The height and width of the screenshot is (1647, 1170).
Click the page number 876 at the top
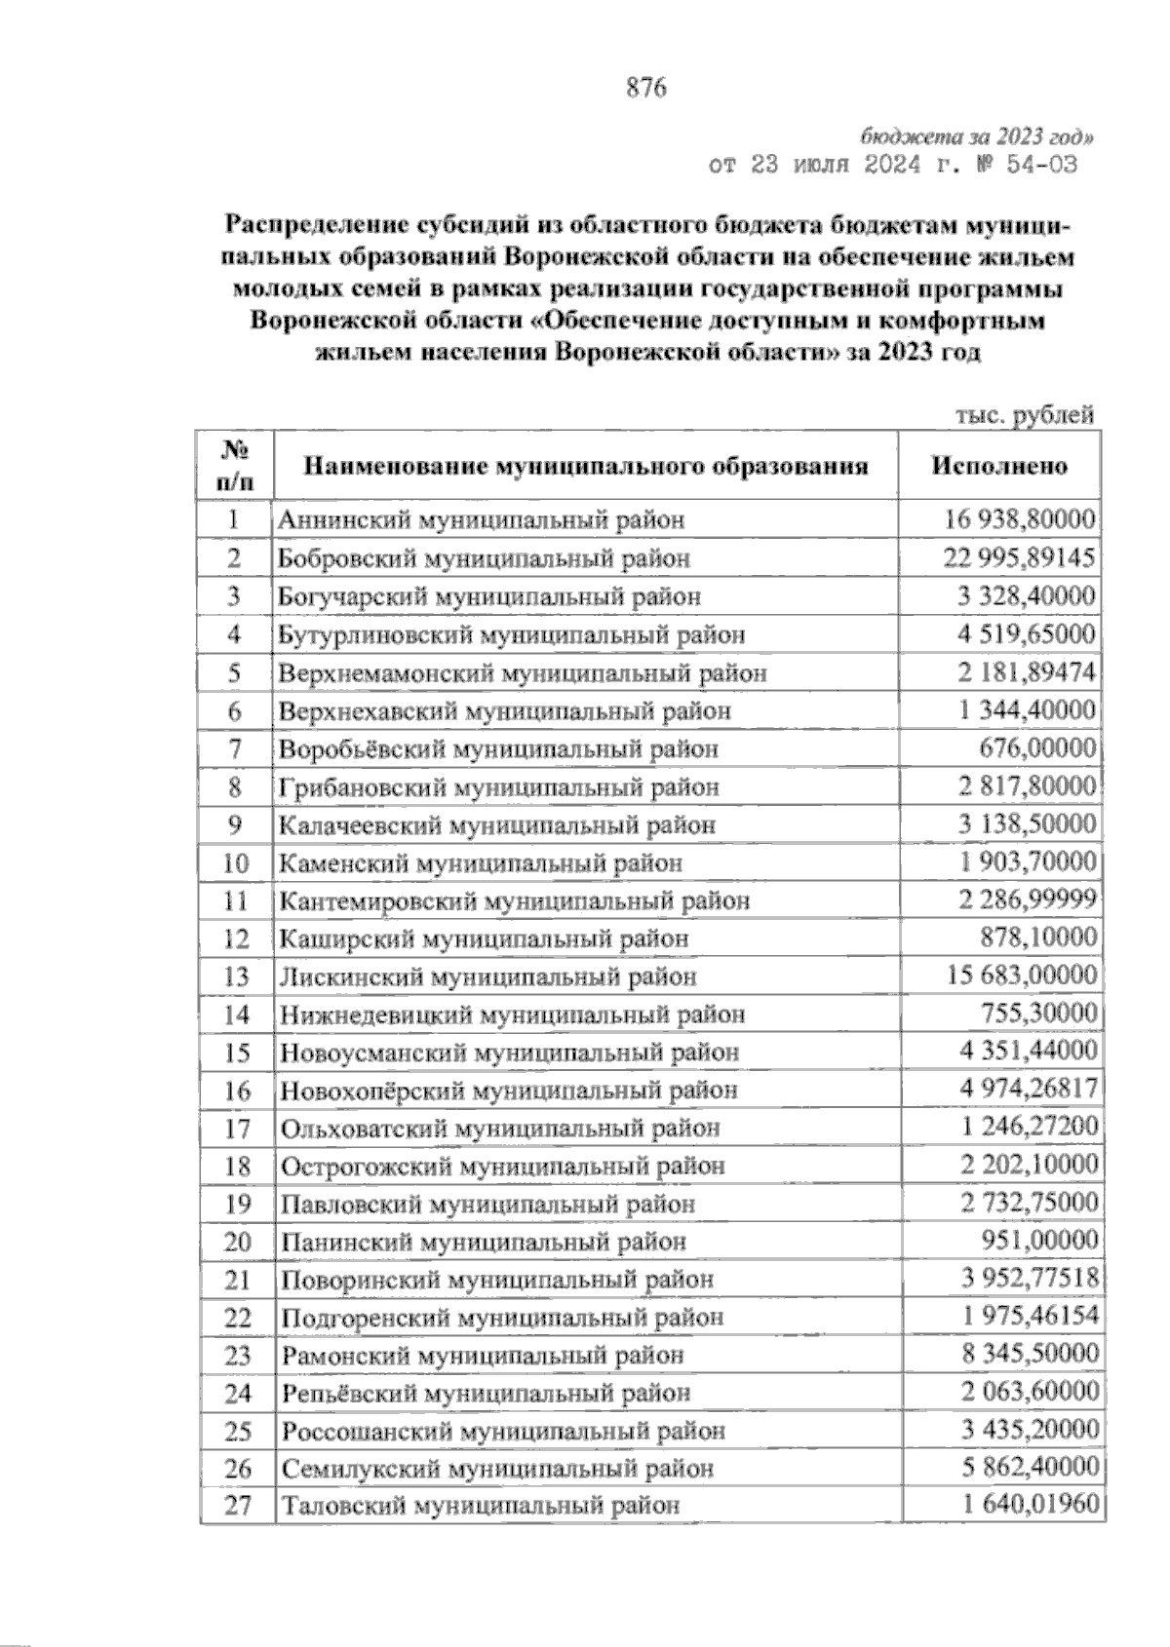(644, 88)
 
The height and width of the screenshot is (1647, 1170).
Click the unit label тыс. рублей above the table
(1024, 415)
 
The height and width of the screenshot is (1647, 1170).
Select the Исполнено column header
(999, 465)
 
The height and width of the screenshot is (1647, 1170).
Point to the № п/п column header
(234, 465)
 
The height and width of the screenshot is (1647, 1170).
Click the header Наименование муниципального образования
(586, 466)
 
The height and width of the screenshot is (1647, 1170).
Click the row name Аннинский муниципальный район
(482, 519)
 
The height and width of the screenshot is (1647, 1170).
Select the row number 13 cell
(236, 977)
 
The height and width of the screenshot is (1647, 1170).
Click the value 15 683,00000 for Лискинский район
(1019, 976)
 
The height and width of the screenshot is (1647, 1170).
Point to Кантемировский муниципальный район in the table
(515, 900)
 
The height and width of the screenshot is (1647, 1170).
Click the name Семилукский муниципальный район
(497, 1469)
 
